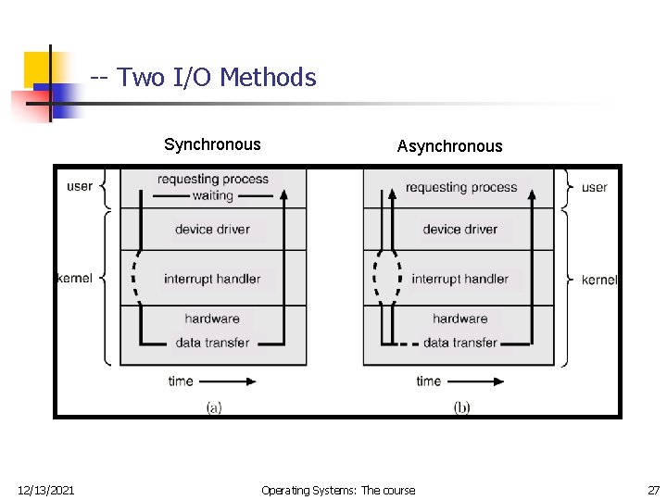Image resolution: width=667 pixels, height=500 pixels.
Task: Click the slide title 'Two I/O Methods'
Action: click(217, 78)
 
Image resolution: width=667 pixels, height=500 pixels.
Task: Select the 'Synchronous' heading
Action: click(212, 144)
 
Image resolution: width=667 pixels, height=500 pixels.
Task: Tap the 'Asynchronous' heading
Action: click(449, 146)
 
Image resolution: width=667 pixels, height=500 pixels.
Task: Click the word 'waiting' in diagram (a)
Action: click(212, 195)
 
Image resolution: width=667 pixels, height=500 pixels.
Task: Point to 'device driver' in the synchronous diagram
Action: click(212, 230)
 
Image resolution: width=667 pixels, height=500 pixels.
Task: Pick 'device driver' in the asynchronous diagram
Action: click(459, 230)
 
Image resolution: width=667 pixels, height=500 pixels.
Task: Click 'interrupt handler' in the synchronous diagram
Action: click(212, 279)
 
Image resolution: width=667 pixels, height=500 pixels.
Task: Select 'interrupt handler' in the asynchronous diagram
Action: click(459, 279)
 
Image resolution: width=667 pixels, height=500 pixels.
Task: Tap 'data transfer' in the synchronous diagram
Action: click(212, 343)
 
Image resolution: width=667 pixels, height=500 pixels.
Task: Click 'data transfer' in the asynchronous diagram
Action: click(459, 343)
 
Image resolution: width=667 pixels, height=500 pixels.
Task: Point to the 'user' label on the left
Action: click(80, 186)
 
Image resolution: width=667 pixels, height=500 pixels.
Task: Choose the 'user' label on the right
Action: click(594, 187)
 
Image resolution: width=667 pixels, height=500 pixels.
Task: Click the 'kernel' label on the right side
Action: click(599, 280)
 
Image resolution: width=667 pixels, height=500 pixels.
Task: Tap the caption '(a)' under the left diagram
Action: click(214, 406)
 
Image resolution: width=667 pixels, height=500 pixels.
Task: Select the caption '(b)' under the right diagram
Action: click(461, 406)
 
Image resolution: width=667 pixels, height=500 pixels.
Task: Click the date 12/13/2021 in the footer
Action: click(46, 490)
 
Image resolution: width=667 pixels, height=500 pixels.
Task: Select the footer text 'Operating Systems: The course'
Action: click(338, 490)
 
